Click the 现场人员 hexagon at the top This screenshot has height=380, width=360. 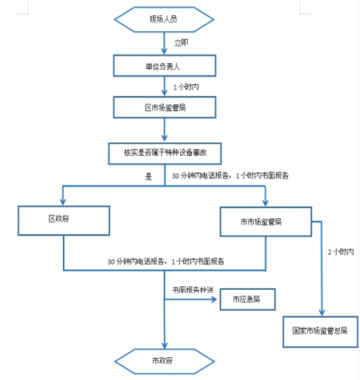pyautogui.click(x=165, y=18)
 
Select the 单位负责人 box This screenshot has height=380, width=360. pyautogui.click(x=165, y=65)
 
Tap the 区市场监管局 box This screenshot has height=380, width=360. pyautogui.click(x=165, y=107)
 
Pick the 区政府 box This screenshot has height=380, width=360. pyautogui.click(x=64, y=221)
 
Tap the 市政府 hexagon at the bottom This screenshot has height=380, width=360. pyautogui.click(x=165, y=360)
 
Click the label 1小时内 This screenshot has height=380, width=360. pyautogui.click(x=185, y=87)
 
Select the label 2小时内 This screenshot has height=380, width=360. pyautogui.click(x=340, y=252)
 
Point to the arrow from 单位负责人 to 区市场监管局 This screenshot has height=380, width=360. pyautogui.click(x=165, y=86)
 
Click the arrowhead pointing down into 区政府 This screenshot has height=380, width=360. pyautogui.click(x=64, y=202)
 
